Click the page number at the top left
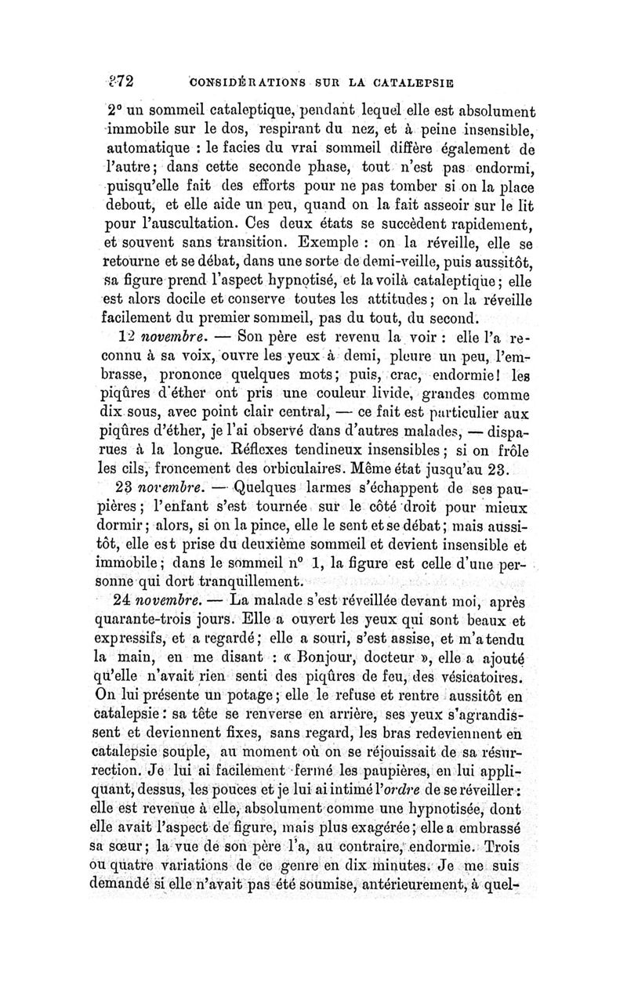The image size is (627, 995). point(123,80)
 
